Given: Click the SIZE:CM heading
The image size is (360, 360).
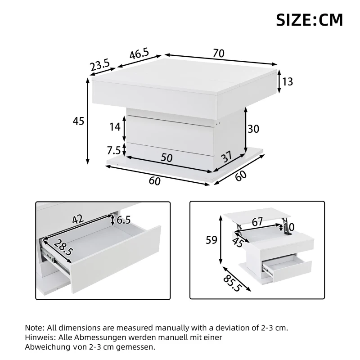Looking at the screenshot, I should (x=309, y=20).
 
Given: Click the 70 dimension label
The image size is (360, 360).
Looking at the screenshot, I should (x=218, y=53).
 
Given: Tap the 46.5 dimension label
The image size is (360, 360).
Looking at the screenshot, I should (x=139, y=55).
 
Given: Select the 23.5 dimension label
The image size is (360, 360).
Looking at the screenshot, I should (x=99, y=66).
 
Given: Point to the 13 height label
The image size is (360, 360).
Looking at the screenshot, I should (x=288, y=81).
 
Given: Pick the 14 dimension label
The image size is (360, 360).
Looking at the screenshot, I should (x=115, y=127).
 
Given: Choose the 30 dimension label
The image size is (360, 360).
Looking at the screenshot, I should (x=253, y=129).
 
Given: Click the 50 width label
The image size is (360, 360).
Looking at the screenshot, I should (x=166, y=157).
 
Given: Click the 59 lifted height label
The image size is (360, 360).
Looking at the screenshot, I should (x=211, y=240).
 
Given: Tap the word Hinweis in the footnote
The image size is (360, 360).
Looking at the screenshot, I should (x=39, y=337).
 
